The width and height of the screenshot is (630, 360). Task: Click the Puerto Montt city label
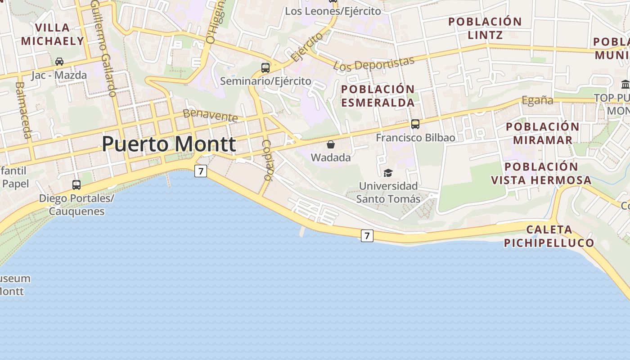169,144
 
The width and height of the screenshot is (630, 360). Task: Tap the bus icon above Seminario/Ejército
265,68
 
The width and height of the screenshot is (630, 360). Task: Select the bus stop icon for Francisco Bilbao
415,124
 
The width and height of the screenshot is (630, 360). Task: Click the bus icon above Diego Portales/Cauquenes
76,184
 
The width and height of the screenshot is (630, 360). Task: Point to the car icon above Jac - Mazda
59,62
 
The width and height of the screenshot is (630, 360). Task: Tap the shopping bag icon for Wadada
331,144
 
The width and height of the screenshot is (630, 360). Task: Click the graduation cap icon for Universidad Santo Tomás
388,173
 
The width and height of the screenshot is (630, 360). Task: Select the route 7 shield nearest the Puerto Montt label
201,171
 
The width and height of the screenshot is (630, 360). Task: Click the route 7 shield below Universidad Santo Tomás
367,235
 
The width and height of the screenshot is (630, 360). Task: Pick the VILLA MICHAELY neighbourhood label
53,34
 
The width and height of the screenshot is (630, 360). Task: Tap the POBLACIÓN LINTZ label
485,28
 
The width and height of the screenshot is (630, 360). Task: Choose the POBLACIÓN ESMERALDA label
378,96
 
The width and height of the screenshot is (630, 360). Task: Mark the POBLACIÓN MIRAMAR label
542,133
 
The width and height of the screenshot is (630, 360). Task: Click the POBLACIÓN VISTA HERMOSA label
541,174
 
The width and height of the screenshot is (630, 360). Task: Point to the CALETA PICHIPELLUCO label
549,236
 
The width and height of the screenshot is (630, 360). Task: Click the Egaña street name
537,100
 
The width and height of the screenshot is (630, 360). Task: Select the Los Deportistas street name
373,63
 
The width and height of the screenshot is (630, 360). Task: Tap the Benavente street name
210,115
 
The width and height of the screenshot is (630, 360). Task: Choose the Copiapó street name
267,160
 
